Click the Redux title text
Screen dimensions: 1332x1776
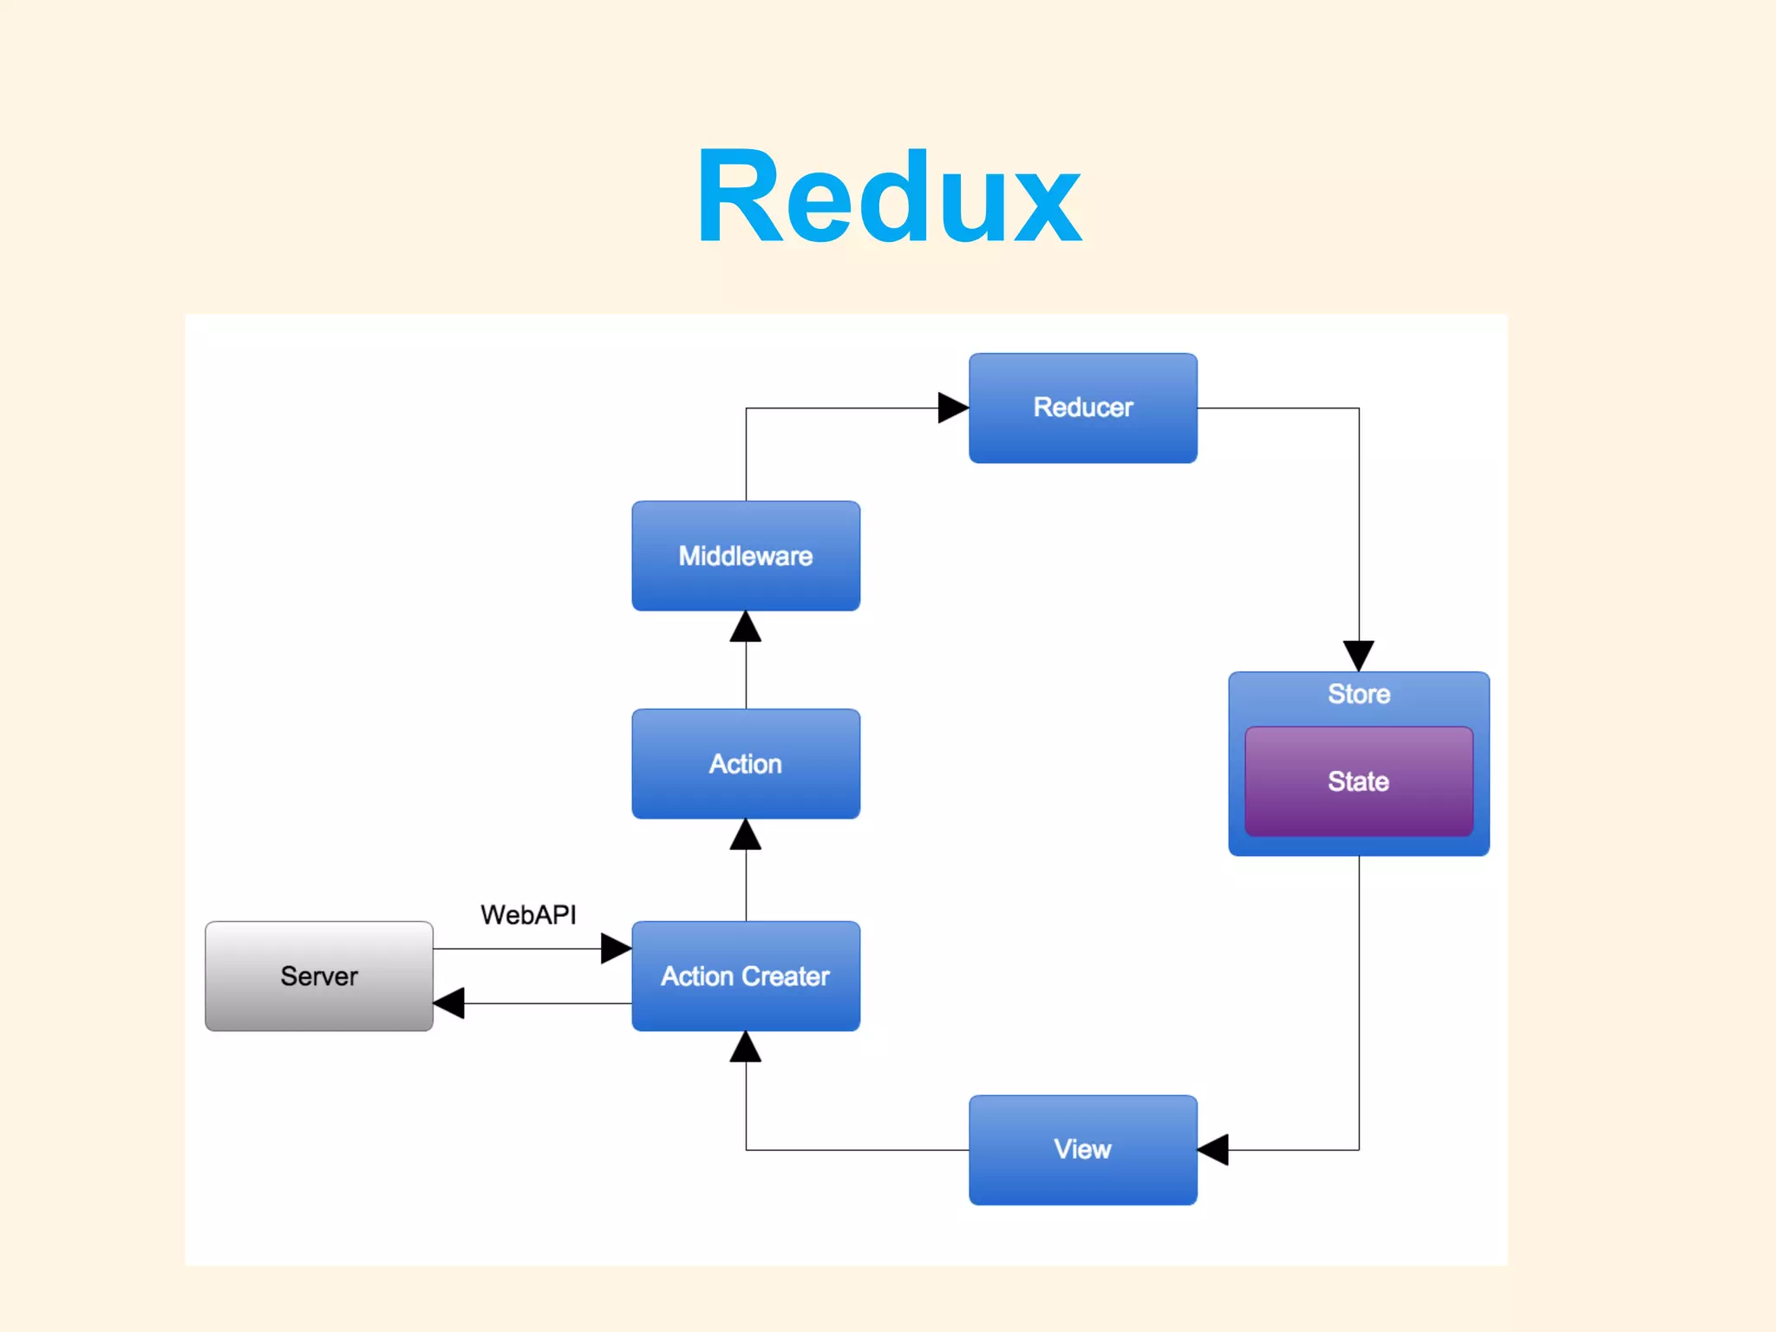pos(889,198)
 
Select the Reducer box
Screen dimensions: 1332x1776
pos(1082,408)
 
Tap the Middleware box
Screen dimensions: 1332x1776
pos(746,556)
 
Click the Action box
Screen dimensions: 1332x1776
pos(746,764)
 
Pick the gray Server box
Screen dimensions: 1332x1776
pos(319,976)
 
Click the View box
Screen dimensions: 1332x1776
pos(1082,1150)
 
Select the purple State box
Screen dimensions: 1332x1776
pos(1358,781)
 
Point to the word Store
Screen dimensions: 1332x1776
pos(1358,694)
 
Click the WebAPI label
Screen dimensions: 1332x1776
pos(528,915)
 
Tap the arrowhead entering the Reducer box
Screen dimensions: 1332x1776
pos(952,408)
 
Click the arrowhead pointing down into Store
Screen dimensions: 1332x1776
pos(1358,655)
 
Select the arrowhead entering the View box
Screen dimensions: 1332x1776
pos(1213,1150)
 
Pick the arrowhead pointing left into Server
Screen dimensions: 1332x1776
pos(449,1003)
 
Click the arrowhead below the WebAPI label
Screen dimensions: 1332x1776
pos(615,949)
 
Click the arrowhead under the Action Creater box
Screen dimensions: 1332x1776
pos(746,1048)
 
